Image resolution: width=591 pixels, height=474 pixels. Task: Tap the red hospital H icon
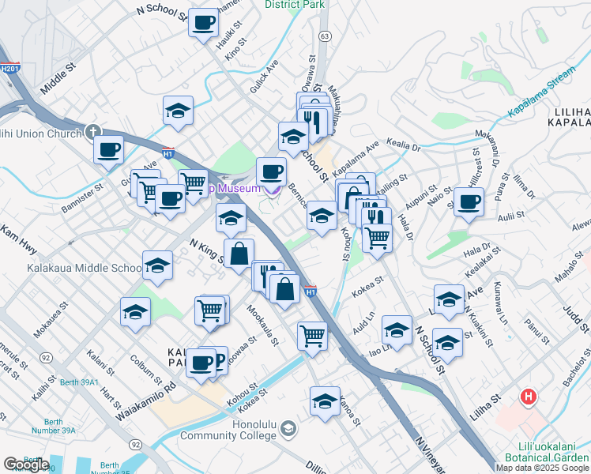(529, 396)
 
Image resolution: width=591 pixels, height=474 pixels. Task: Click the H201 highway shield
(9, 69)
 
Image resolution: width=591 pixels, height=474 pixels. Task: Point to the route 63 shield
(324, 36)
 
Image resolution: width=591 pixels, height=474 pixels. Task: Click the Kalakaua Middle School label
(84, 268)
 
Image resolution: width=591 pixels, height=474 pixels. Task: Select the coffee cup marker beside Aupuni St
(469, 202)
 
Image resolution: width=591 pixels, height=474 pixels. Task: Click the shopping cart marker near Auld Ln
(313, 336)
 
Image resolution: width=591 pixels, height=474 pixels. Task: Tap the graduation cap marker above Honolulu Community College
(325, 401)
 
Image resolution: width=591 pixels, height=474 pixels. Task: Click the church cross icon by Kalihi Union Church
(92, 132)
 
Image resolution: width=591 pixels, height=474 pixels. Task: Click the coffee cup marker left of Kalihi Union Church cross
(108, 149)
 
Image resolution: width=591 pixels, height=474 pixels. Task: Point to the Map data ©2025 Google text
(543, 468)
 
